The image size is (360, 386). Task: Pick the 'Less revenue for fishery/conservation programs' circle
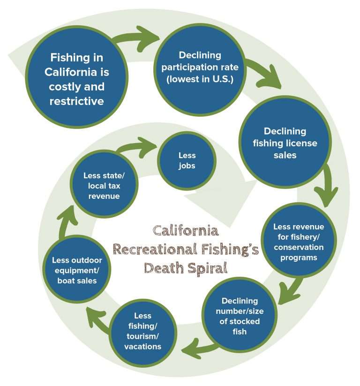pos(299,242)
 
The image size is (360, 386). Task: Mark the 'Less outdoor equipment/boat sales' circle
pos(77,270)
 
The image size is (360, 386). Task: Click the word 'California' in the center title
pos(186,231)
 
